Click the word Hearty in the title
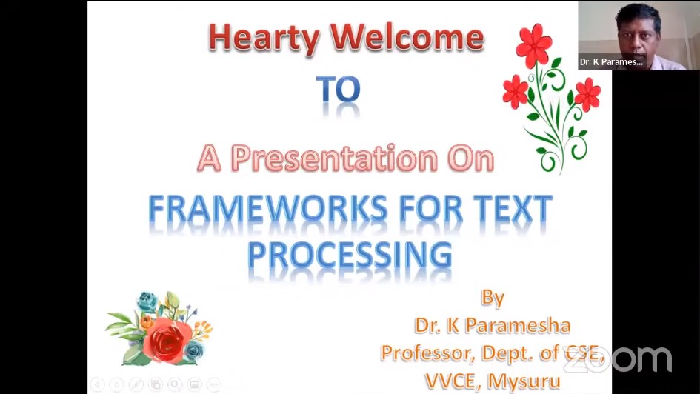(x=264, y=38)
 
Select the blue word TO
(x=338, y=89)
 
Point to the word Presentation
(x=334, y=158)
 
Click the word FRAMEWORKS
(x=268, y=209)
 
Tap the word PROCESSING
(x=350, y=255)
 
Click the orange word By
(x=493, y=298)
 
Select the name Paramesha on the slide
(x=518, y=325)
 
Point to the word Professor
(x=427, y=353)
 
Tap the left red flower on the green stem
(x=516, y=92)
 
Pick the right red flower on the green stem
(x=587, y=95)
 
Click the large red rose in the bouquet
(x=167, y=340)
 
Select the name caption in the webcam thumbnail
(x=611, y=62)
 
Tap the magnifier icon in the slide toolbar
(x=175, y=384)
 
